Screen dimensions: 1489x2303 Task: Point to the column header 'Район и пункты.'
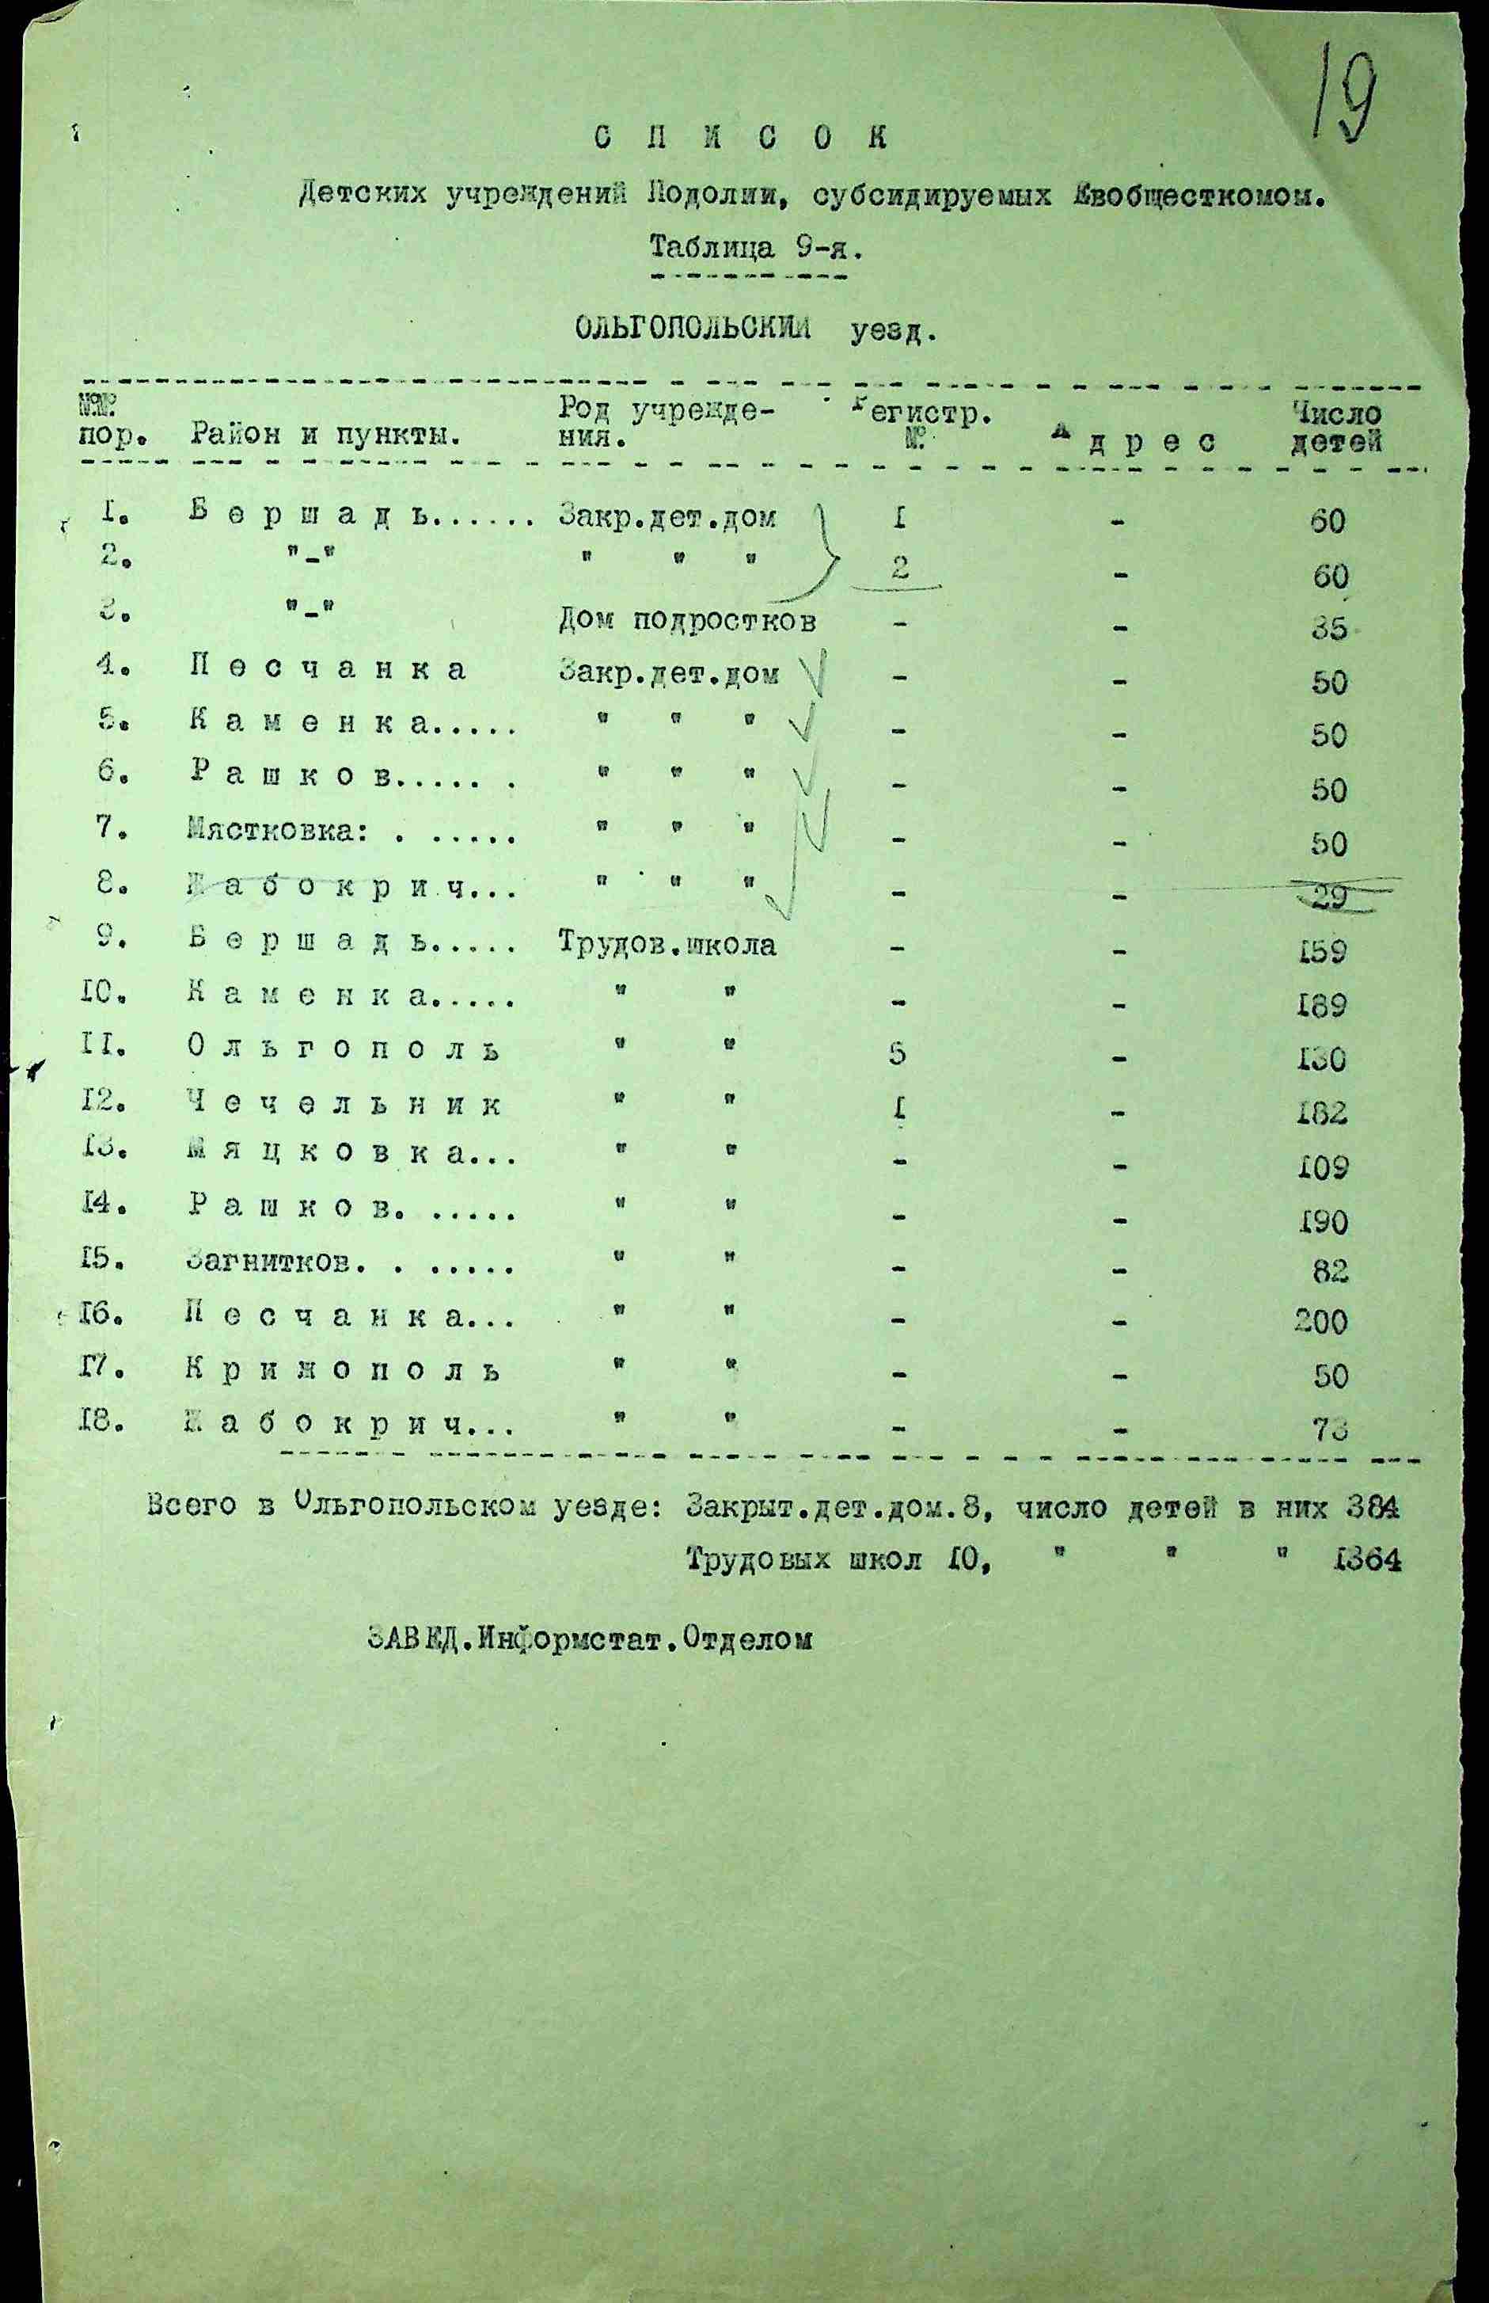324,436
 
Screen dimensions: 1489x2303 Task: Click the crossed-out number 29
1331,896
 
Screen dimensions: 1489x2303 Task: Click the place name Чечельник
345,1105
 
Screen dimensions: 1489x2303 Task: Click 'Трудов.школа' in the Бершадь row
667,944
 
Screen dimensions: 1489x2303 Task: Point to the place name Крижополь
345,1372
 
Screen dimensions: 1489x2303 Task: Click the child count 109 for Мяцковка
1324,1168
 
